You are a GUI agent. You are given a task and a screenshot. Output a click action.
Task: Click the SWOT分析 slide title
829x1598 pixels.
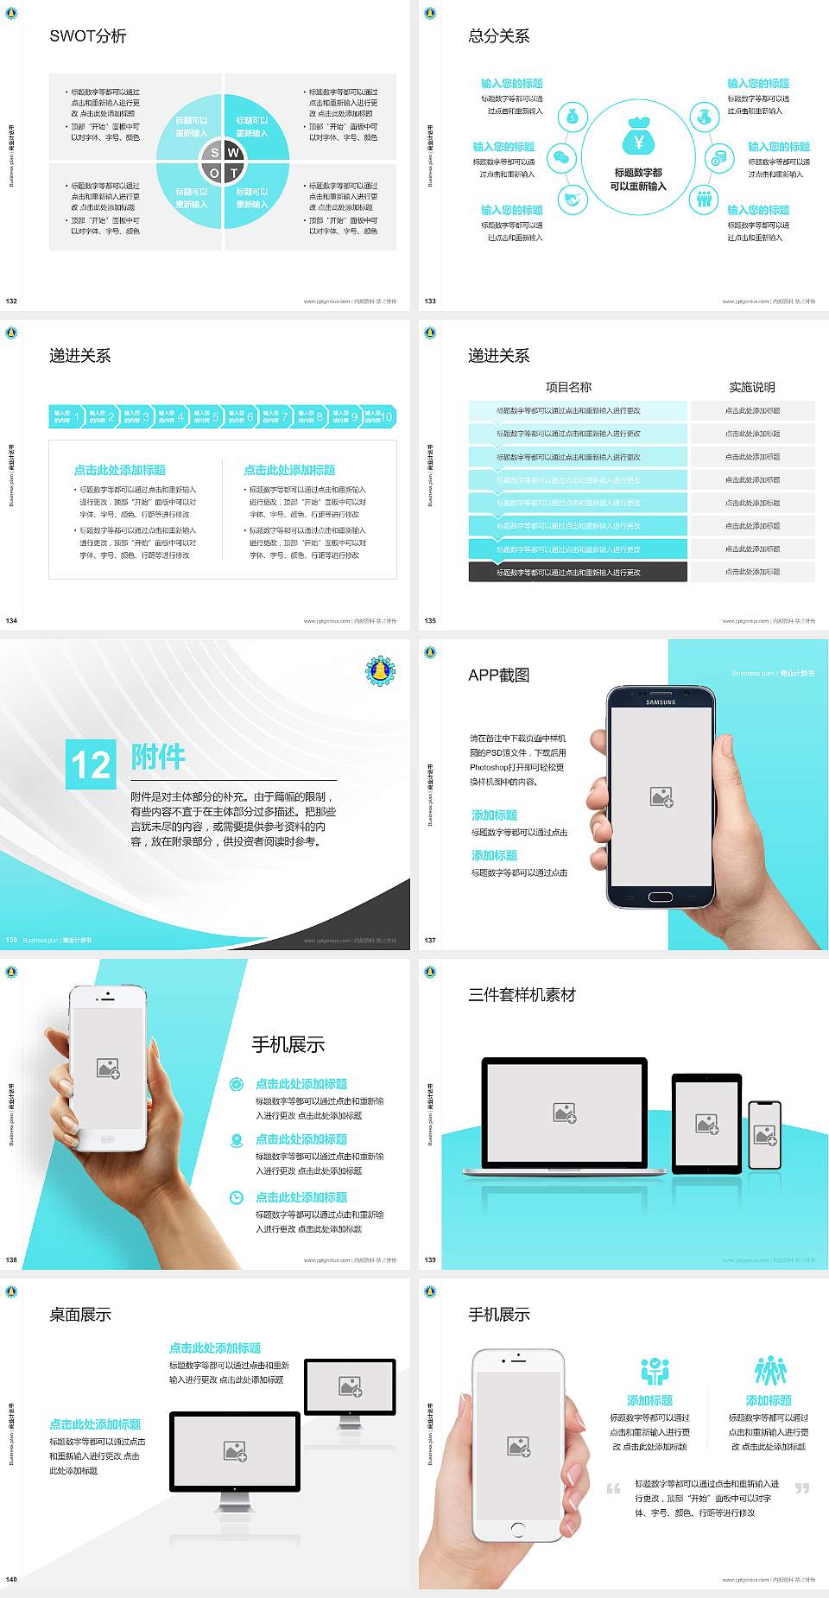[87, 36]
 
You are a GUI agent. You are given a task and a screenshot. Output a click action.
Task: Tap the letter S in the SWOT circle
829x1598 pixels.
[215, 153]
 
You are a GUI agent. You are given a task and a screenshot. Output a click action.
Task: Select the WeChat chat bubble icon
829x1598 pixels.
[563, 158]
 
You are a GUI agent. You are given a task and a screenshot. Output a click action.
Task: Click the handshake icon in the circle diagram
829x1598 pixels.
[572, 200]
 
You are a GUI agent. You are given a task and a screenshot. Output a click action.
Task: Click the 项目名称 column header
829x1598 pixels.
[568, 387]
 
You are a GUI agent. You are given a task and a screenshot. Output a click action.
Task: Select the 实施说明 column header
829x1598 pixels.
[751, 387]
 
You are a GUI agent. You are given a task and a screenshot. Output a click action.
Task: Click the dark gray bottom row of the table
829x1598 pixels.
[577, 572]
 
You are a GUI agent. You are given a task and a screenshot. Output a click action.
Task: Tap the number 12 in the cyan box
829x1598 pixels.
[91, 764]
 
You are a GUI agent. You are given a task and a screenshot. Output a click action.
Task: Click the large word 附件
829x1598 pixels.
[158, 757]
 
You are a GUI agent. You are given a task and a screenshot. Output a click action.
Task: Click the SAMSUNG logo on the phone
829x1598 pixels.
[661, 702]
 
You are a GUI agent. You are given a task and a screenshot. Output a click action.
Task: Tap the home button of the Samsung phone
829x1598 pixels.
[661, 897]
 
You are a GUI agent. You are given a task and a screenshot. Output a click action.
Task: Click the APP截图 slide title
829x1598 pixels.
[498, 675]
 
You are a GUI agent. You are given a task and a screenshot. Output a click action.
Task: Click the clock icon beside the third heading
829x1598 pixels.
[236, 1197]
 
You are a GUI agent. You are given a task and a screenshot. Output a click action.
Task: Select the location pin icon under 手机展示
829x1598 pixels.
[236, 1140]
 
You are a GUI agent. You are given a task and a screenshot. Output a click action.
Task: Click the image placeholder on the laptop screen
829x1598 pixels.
[565, 1113]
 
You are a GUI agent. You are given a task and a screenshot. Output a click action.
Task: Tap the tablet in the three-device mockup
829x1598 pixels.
[706, 1124]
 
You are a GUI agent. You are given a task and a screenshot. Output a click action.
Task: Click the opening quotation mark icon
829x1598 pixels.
[613, 1488]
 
